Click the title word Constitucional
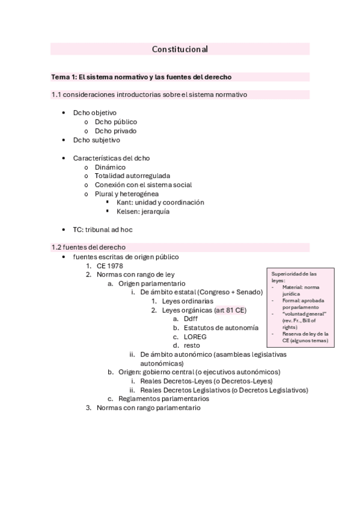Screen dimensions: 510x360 coord(180,49)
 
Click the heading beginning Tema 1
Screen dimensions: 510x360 coord(141,77)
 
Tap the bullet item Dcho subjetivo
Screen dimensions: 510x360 coord(96,140)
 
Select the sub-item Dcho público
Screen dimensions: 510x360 coord(115,121)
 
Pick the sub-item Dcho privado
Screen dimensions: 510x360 coord(115,131)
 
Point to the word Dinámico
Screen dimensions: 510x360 coord(110,167)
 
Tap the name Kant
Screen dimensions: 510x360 coord(124,203)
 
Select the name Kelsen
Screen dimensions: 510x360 coord(128,212)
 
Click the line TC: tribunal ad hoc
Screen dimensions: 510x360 coord(103,230)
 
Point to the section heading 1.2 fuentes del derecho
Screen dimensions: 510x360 coord(88,247)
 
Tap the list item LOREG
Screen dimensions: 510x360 coord(195,337)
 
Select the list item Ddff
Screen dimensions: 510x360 coord(191,319)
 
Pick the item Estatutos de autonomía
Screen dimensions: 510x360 coord(221,328)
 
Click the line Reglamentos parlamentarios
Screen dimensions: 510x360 coord(163,398)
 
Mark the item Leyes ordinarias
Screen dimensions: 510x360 coord(187,301)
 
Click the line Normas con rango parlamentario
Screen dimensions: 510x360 coord(148,407)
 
